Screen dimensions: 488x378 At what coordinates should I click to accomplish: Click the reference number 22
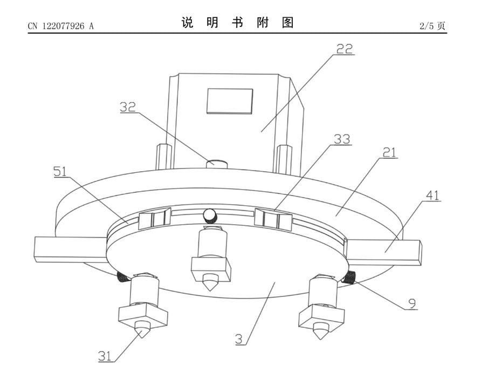pyautogui.click(x=345, y=49)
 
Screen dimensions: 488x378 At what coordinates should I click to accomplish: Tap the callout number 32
pyautogui.click(x=128, y=107)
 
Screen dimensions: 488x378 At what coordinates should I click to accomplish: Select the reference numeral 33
pyautogui.click(x=342, y=139)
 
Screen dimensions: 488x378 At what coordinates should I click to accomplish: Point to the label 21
pyautogui.click(x=390, y=152)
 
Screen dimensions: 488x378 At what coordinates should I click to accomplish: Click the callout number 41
pyautogui.click(x=432, y=195)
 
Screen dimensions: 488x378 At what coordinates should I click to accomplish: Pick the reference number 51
pyautogui.click(x=60, y=171)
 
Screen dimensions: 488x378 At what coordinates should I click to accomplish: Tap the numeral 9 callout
pyautogui.click(x=412, y=303)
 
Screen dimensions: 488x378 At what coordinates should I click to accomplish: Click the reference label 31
pyautogui.click(x=105, y=355)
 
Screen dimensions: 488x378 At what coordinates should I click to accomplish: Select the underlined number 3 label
pyautogui.click(x=239, y=339)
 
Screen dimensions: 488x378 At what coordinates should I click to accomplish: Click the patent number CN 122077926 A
pyautogui.click(x=61, y=26)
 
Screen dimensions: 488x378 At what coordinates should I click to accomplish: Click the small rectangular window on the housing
pyautogui.click(x=230, y=100)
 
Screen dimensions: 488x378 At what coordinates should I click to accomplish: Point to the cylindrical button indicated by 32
pyautogui.click(x=217, y=163)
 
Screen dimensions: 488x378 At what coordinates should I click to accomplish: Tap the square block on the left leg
pyautogui.click(x=143, y=316)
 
